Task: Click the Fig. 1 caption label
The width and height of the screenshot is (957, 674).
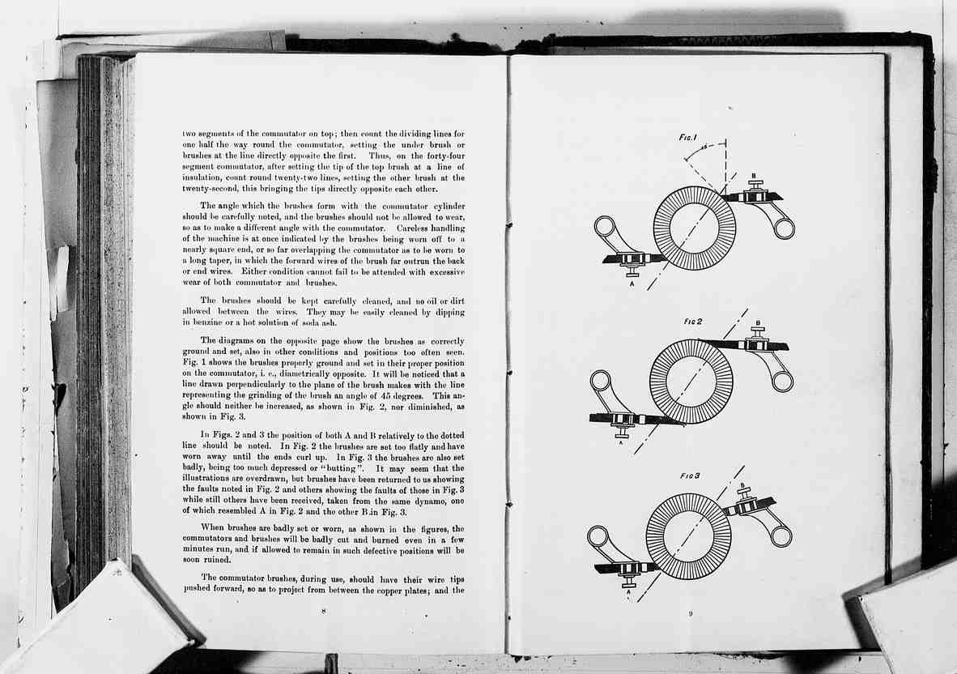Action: pyautogui.click(x=688, y=138)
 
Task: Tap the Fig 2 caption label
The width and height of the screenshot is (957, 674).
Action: pyautogui.click(x=693, y=322)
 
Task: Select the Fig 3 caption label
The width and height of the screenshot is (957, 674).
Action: pyautogui.click(x=690, y=476)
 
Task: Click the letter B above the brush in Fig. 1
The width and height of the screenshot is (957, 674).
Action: pyautogui.click(x=754, y=176)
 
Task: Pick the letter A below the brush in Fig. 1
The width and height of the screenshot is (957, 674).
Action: pyautogui.click(x=632, y=284)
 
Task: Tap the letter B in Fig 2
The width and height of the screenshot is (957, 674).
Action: pyautogui.click(x=758, y=323)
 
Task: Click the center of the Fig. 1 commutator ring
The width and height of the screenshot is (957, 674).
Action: pyautogui.click(x=695, y=228)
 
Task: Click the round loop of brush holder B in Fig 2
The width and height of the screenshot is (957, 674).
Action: pyautogui.click(x=782, y=381)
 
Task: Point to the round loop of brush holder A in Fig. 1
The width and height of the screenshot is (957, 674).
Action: pyautogui.click(x=606, y=227)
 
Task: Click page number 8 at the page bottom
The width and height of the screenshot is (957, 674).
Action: pyautogui.click(x=324, y=611)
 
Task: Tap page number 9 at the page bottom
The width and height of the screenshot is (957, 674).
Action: pyautogui.click(x=691, y=613)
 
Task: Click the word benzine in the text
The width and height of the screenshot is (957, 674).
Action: pyautogui.click(x=205, y=322)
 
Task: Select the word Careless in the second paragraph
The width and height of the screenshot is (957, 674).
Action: pyautogui.click(x=413, y=228)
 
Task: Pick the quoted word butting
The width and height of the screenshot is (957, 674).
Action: pyautogui.click(x=339, y=469)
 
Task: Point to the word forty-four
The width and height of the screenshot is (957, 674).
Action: pyautogui.click(x=446, y=156)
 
